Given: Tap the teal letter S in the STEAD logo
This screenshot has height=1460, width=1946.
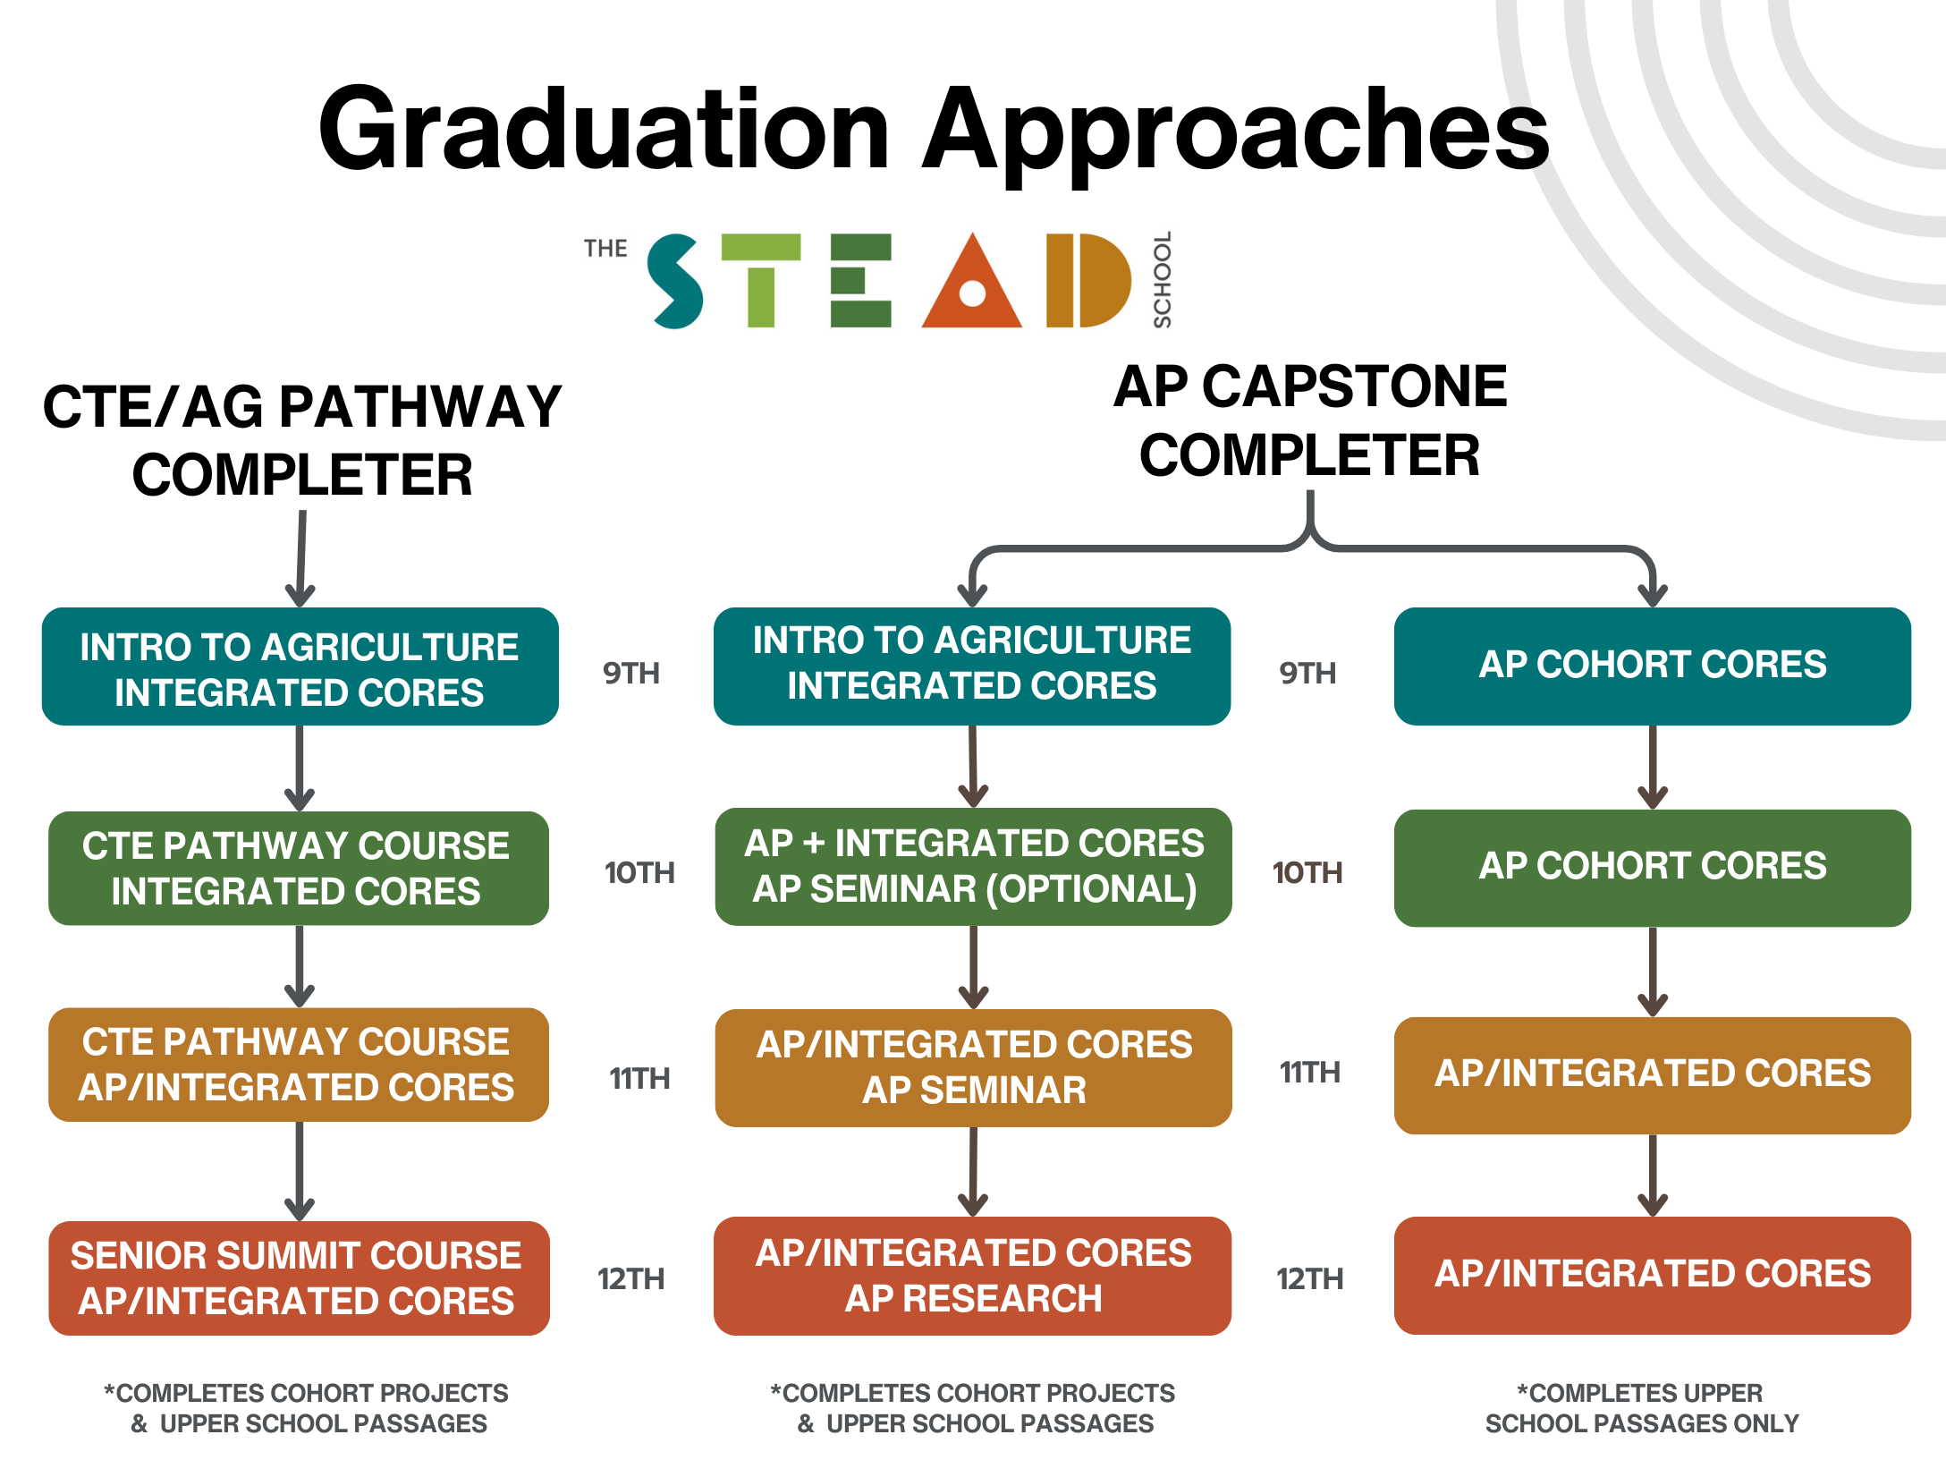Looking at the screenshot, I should (x=676, y=281).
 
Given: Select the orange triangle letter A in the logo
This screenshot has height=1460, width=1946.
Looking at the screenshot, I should (x=971, y=283).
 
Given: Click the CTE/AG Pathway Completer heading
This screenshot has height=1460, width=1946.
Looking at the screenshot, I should (x=301, y=440).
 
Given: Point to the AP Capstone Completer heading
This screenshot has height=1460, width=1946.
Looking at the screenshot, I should (x=1310, y=420).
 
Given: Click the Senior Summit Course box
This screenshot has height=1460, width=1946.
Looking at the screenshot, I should (x=299, y=1277).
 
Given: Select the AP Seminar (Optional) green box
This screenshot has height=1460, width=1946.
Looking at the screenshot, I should (x=973, y=866).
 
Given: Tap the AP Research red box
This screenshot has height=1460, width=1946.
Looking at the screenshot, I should (x=972, y=1276).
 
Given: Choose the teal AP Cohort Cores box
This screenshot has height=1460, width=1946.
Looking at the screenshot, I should (x=1652, y=666).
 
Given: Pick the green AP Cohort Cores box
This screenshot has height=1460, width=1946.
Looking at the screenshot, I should (x=1652, y=867).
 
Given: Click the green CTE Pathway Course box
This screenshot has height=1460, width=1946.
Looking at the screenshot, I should (x=299, y=868).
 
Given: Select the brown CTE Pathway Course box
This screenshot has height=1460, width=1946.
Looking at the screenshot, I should (x=299, y=1065).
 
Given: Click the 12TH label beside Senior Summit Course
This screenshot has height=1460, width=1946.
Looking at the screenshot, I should (x=631, y=1278).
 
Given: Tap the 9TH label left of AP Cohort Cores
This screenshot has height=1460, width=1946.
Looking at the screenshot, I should (x=1307, y=673).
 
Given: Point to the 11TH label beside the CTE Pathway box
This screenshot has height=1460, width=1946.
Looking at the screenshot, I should (x=639, y=1078).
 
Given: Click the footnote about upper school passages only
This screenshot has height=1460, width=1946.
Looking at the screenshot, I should (x=1641, y=1408).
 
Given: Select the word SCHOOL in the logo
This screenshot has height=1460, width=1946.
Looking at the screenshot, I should (x=1162, y=280).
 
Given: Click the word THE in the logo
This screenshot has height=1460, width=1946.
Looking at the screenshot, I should (x=605, y=249).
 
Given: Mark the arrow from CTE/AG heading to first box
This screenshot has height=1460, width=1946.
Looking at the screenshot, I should (x=301, y=559).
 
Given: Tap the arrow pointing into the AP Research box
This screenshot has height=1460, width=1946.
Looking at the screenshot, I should (x=973, y=1172).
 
